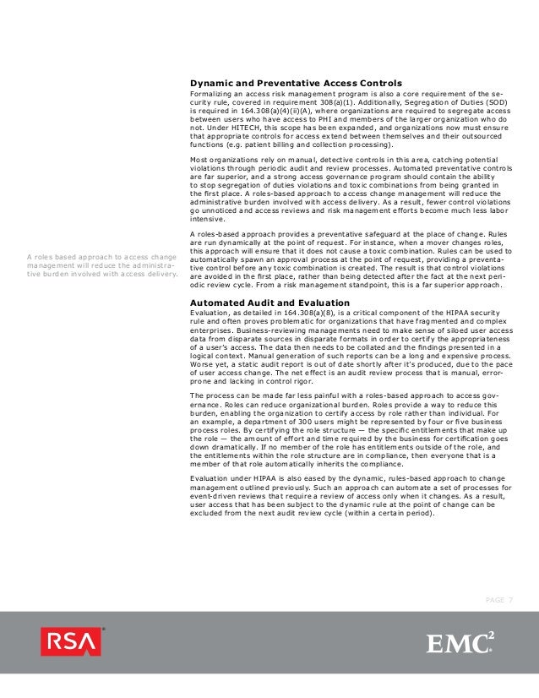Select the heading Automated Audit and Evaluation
269,302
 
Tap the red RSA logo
71,642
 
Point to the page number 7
510,599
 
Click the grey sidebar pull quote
102,265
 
